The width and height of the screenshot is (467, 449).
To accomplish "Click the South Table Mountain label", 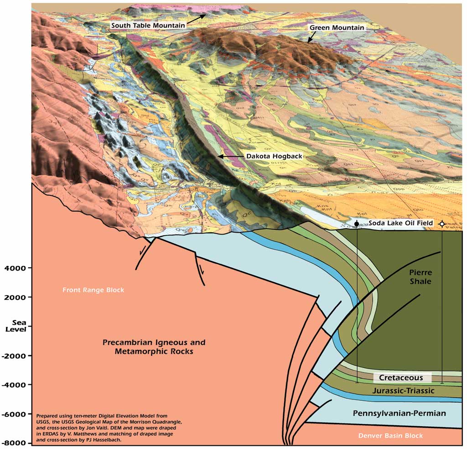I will [x=148, y=26].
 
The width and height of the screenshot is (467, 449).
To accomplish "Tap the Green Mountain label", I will [x=337, y=28].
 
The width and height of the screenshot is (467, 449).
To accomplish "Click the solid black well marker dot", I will [x=357, y=224].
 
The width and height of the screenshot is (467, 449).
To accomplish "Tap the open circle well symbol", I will [x=442, y=224].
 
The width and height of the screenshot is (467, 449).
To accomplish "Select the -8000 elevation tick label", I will [x=17, y=443].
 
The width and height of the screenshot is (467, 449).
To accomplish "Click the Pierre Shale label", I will [x=420, y=277].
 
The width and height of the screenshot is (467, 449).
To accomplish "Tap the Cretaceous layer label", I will [x=401, y=378].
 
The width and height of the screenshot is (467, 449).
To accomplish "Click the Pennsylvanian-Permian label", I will [x=399, y=413].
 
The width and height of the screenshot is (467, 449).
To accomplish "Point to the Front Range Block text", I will [x=93, y=290].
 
